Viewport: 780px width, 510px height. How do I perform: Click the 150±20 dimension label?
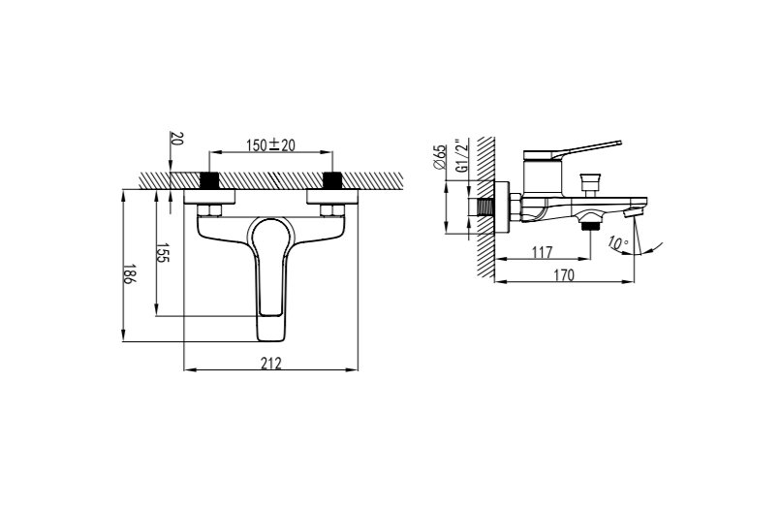point(270,144)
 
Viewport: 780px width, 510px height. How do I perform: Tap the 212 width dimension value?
point(271,364)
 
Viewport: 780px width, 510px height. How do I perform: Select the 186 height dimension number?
point(129,273)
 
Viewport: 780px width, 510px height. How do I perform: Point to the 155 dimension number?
point(163,253)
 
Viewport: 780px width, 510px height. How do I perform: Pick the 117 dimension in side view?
point(542,252)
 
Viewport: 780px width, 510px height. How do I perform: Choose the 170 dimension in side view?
point(564,275)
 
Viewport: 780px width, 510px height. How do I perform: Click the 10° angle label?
point(618,243)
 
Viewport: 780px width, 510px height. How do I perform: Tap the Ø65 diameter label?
point(440,157)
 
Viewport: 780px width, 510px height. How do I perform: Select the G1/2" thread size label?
point(462,156)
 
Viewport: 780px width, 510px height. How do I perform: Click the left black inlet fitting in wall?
point(209,180)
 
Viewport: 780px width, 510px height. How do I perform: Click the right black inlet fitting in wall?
point(332,180)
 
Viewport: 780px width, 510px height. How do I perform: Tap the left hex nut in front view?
point(209,210)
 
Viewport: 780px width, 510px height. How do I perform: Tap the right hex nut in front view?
point(332,210)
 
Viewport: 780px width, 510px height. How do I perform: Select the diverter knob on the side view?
point(590,183)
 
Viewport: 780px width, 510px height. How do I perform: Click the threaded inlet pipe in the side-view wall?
point(485,207)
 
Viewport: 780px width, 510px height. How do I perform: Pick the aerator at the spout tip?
point(631,212)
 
